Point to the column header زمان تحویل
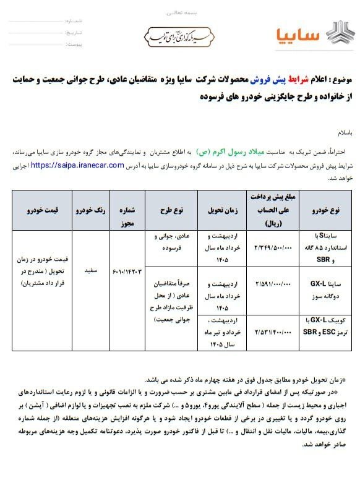coord(223,211)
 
